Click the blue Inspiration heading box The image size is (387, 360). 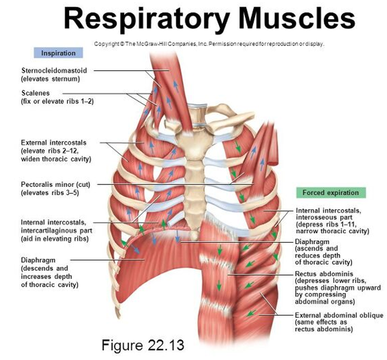click(58, 53)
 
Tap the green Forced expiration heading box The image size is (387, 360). click(331, 192)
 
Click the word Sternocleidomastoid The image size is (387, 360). click(54, 71)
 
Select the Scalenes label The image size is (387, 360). click(36, 93)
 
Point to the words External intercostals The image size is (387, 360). click(54, 143)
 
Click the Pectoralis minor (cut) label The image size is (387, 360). click(56, 185)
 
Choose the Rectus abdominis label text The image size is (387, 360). click(324, 274)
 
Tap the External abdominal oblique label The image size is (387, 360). click(339, 315)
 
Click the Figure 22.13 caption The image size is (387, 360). click(143, 345)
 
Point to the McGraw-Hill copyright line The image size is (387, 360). click(209, 44)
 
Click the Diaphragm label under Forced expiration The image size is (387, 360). click(312, 242)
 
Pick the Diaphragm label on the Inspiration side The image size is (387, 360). click(38, 260)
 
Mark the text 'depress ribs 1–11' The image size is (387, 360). click(326, 224)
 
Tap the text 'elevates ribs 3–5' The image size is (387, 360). click(50, 192)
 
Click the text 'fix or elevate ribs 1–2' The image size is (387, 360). click(57, 101)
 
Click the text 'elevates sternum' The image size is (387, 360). click(50, 79)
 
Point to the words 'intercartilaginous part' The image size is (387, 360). click(56, 230)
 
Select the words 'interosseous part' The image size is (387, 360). click(324, 217)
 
